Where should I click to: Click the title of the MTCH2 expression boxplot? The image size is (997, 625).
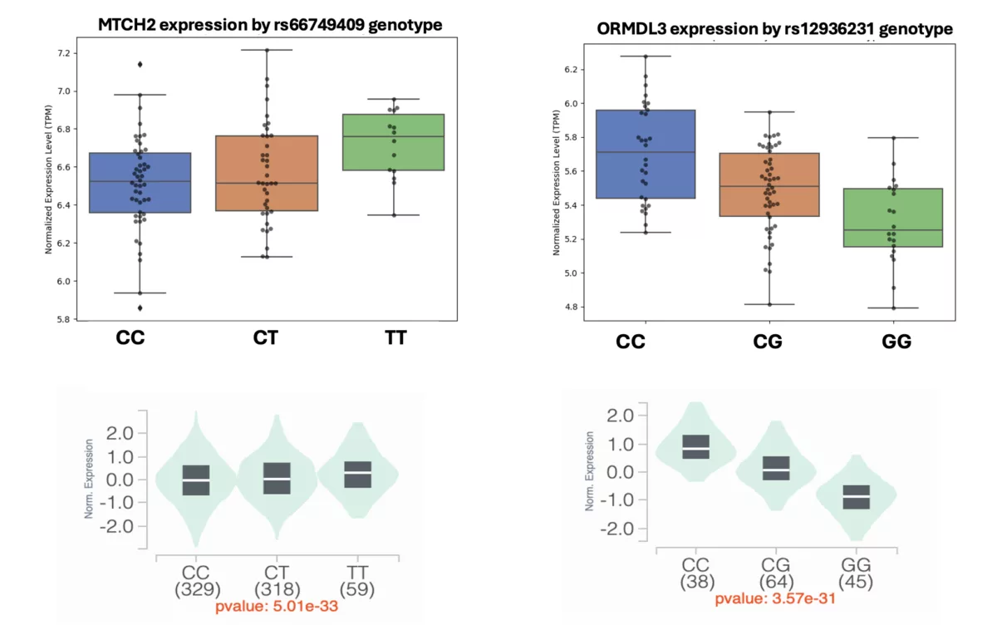(270, 25)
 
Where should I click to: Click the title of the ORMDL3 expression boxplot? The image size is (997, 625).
(774, 29)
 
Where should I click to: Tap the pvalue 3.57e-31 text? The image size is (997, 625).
(774, 598)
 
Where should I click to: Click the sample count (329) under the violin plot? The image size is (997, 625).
(196, 589)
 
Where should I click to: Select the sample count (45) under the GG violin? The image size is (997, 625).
(856, 583)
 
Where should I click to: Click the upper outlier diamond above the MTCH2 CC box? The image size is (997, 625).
(140, 64)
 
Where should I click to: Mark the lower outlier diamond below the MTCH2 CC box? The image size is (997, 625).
(140, 308)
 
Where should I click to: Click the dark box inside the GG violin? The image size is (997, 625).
(856, 497)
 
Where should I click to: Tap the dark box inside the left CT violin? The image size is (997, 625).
(277, 479)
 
